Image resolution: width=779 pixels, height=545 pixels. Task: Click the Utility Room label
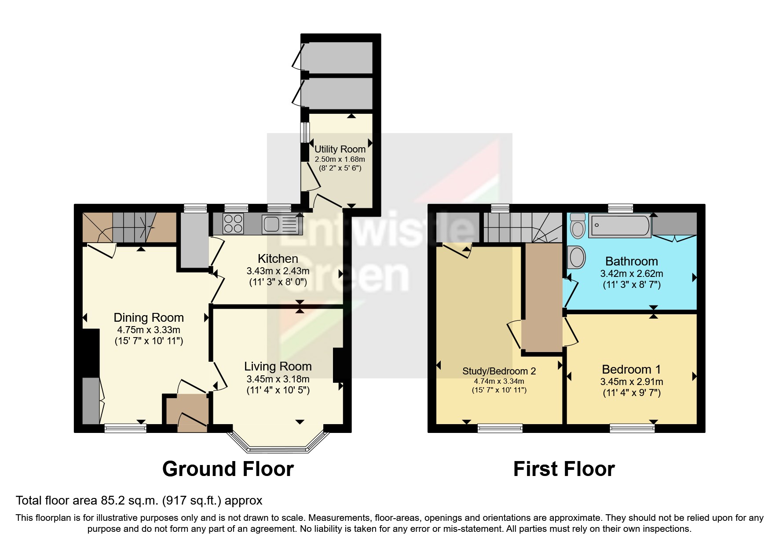[340, 149]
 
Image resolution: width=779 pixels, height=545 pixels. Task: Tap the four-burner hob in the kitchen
[234, 223]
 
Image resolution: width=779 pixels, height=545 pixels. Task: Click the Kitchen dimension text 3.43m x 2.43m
[278, 271]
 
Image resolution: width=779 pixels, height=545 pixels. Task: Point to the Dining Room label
[149, 318]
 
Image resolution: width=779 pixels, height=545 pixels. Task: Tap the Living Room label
[278, 366]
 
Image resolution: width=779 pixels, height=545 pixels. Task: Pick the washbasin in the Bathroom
[577, 257]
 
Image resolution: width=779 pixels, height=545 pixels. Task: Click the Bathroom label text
[631, 262]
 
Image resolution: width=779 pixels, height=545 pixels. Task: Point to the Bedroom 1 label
[631, 370]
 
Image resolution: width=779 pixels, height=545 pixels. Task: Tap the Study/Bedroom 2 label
[499, 371]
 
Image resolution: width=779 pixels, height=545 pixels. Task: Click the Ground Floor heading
[228, 469]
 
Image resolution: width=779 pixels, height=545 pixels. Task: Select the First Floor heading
[563, 469]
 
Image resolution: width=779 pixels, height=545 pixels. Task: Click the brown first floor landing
[542, 299]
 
